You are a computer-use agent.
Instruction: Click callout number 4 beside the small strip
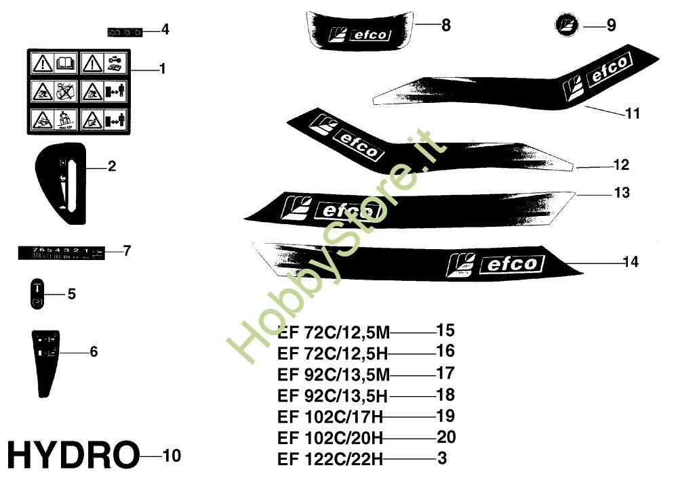click(x=165, y=30)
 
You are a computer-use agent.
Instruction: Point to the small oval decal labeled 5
click(x=38, y=293)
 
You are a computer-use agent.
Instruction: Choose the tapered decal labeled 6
click(x=46, y=362)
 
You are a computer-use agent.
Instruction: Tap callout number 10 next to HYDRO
click(x=172, y=456)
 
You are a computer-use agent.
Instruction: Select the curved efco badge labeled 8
click(x=359, y=30)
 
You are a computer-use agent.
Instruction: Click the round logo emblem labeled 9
click(x=566, y=26)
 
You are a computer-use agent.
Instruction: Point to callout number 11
click(x=632, y=114)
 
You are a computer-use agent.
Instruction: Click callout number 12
click(x=621, y=165)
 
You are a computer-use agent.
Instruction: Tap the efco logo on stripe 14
click(x=494, y=264)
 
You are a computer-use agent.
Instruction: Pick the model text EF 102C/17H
click(x=330, y=416)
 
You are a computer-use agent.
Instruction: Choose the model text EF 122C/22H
click(x=330, y=460)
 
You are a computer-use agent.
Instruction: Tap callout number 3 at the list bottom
click(x=442, y=458)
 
